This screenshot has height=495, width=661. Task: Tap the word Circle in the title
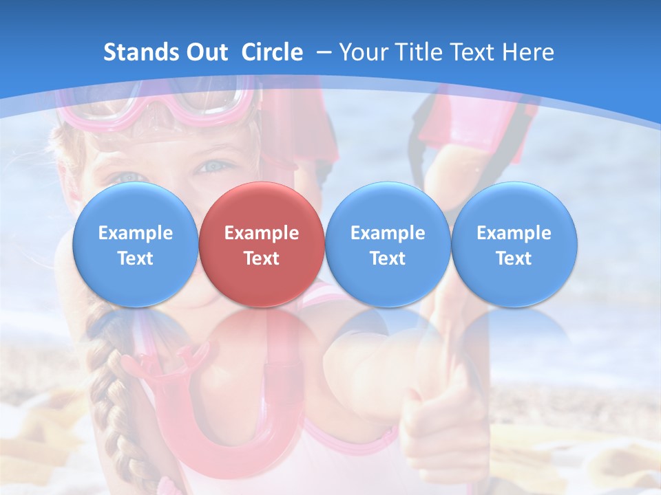(272, 52)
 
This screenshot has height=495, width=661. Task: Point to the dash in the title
(323, 53)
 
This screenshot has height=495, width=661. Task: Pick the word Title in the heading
(420, 52)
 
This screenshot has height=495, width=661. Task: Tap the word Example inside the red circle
(261, 233)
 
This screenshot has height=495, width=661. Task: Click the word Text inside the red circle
(261, 258)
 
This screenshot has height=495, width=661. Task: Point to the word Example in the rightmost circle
(514, 233)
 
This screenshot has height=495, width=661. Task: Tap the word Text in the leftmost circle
(135, 258)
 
